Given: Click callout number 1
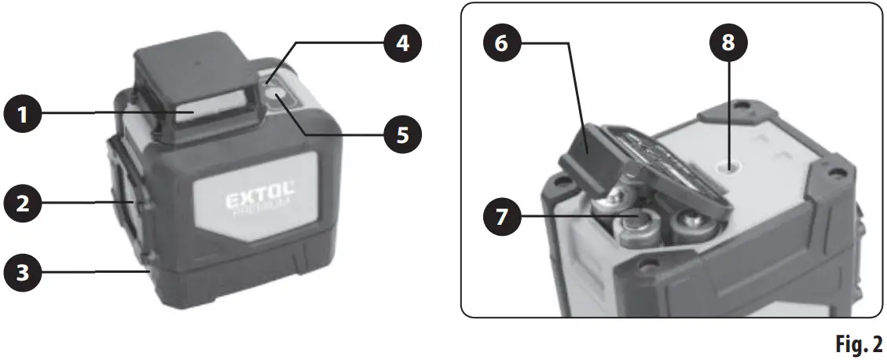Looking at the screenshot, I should (23, 116).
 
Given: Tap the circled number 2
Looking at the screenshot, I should (23, 203).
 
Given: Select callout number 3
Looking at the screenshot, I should (23, 273).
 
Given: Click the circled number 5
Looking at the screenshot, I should (401, 134).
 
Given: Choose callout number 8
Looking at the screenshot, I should (729, 44).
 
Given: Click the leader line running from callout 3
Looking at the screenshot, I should (94, 273).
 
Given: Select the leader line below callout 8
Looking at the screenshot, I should (729, 110).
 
